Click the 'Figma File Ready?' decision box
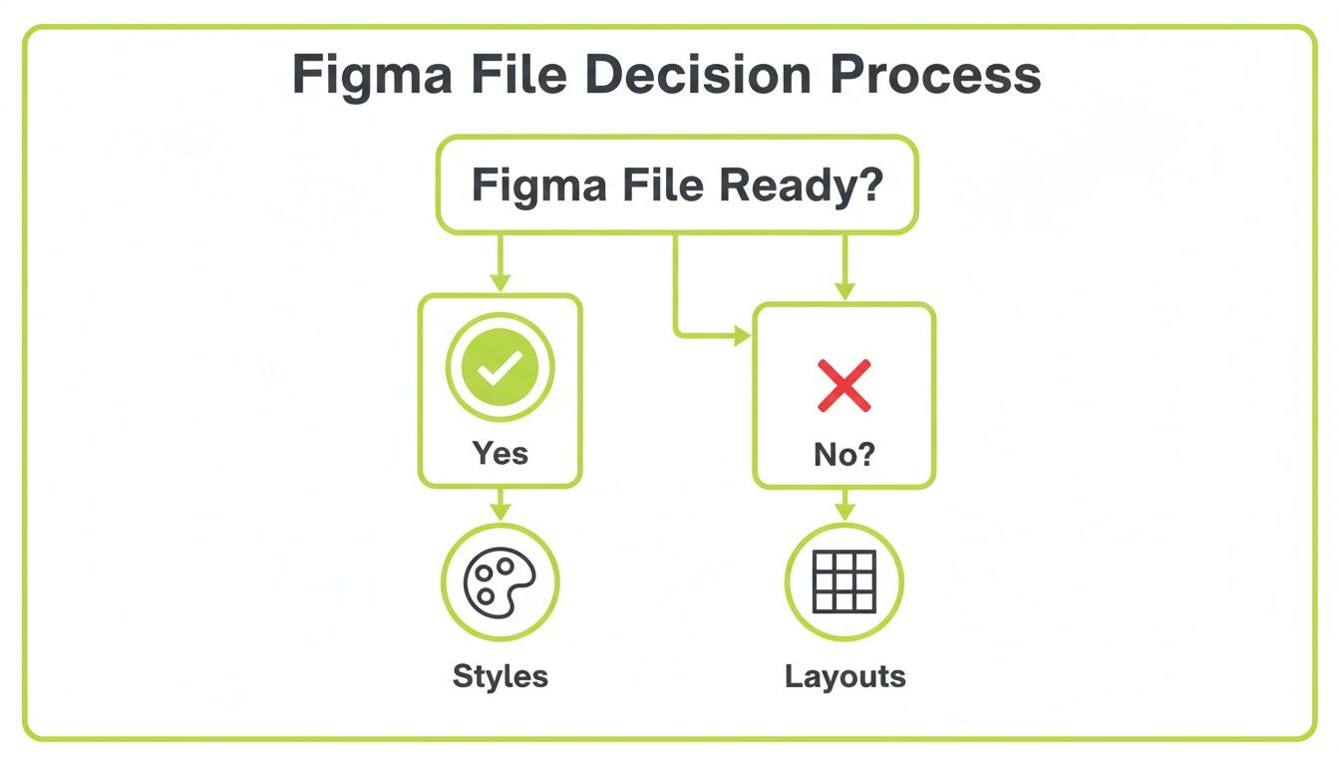[676, 186]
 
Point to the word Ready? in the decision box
[806, 186]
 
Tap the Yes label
[500, 453]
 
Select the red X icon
[843, 386]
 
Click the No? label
[843, 456]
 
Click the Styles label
[500, 676]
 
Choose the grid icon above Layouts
[843, 582]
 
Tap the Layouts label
[844, 676]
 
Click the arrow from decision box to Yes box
[500, 263]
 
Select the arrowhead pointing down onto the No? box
[844, 290]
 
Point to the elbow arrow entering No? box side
[740, 336]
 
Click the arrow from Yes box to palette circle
[500, 506]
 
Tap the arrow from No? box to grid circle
[844, 506]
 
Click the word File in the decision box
[673, 186]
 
